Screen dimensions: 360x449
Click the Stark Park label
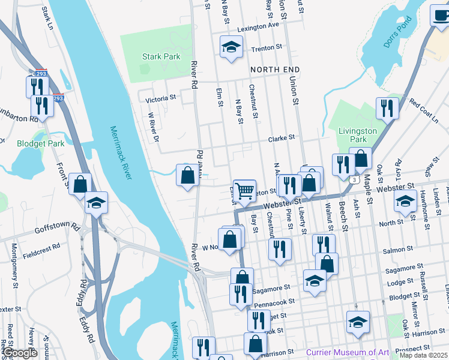click(x=161, y=57)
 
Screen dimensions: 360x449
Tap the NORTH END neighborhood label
click(x=275, y=70)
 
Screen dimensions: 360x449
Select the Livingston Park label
click(x=358, y=135)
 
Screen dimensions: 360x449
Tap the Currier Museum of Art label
click(x=348, y=352)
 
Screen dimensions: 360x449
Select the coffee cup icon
click(x=441, y=16)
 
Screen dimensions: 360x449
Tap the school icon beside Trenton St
click(x=231, y=47)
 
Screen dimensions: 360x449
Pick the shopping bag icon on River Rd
click(x=187, y=175)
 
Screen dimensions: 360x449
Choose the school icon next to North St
click(x=406, y=201)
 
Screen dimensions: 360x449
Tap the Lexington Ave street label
click(x=258, y=27)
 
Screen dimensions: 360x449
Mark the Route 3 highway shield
click(x=356, y=180)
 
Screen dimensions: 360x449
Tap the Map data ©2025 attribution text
click(x=423, y=355)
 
